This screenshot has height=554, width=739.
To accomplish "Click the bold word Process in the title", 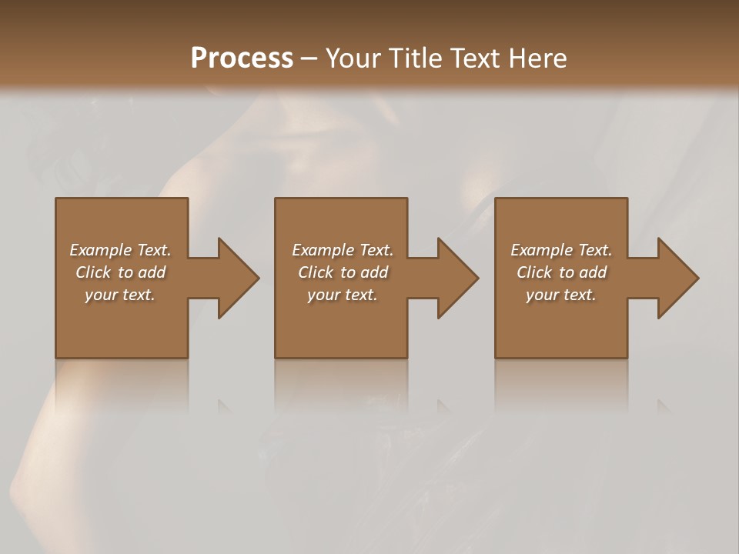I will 242,58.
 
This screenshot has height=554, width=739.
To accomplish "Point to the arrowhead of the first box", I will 236,278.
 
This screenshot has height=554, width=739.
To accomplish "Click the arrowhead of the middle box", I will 456,278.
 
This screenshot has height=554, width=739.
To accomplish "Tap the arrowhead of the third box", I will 677,278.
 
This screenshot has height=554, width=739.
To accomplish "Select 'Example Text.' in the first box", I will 120,250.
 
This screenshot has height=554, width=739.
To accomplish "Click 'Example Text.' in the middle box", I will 343,250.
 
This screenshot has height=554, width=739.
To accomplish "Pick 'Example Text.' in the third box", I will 561,250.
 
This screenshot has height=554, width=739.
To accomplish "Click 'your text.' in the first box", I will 120,295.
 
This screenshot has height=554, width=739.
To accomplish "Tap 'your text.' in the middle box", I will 343,295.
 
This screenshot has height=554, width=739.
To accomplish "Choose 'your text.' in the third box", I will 561,295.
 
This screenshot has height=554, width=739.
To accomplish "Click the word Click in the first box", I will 92,272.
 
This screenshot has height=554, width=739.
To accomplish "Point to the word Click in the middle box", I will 315,272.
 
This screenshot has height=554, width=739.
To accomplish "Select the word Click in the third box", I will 533,272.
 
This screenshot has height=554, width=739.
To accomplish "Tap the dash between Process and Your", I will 309,58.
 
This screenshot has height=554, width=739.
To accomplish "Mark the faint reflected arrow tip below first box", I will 226,405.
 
